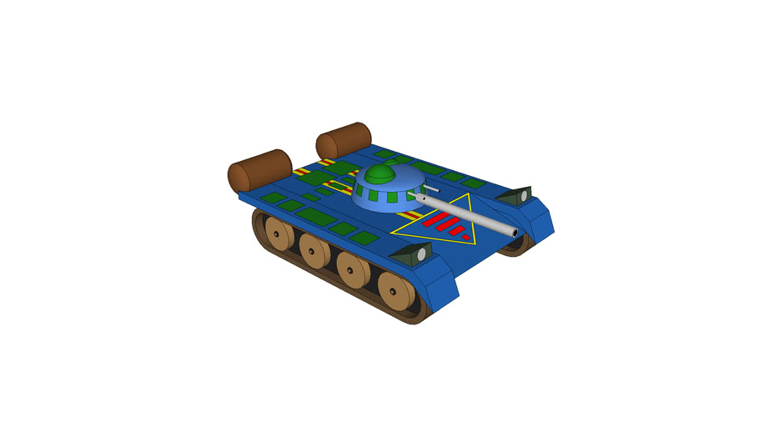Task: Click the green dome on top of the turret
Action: (379, 175)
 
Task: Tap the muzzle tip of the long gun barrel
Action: (515, 232)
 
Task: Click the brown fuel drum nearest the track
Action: (259, 169)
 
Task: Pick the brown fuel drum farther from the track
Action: (343, 139)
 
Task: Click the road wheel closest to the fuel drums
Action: (274, 232)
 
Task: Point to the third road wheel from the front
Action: (314, 251)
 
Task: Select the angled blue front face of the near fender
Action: (442, 284)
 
